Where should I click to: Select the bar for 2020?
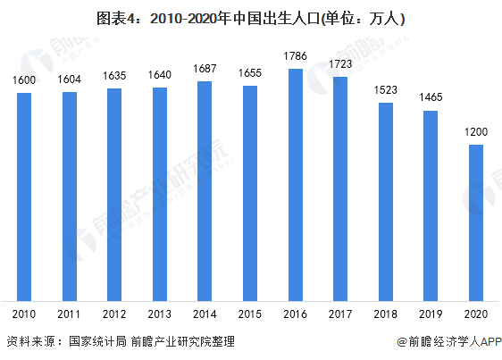click(x=476, y=222)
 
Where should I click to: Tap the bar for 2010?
click(x=24, y=197)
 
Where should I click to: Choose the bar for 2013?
click(x=160, y=194)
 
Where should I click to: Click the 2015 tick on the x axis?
click(x=250, y=314)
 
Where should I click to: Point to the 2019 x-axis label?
click(x=431, y=314)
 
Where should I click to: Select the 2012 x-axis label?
click(x=114, y=314)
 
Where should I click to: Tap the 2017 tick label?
click(x=340, y=314)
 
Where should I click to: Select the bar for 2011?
click(x=70, y=196)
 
